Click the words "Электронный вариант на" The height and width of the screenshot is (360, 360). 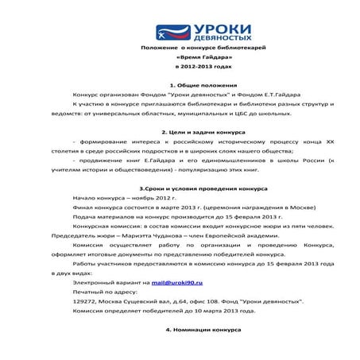tap(110, 282)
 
